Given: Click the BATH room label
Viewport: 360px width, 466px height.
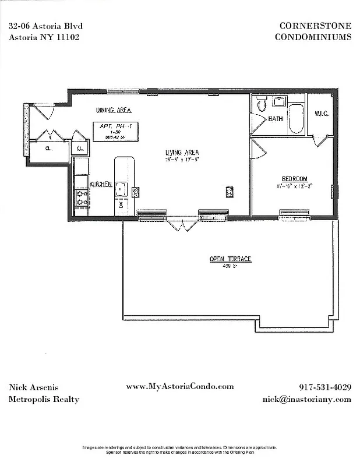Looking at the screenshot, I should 276,119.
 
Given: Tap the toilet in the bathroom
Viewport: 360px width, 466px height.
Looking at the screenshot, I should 262,104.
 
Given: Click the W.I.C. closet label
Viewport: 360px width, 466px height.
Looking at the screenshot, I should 322,114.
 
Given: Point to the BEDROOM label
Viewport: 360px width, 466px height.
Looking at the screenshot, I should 294,179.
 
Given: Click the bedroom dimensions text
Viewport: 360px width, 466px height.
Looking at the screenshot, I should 294,186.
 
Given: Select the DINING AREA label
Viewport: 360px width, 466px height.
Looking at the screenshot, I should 113,110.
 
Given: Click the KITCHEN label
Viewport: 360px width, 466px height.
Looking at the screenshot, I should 100,184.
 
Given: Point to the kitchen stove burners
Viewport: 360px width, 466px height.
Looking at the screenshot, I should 80,197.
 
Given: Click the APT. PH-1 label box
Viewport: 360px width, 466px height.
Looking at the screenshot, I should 116,131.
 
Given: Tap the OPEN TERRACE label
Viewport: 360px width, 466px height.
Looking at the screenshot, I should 231,259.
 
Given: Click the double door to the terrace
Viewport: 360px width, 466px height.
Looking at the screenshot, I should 181,224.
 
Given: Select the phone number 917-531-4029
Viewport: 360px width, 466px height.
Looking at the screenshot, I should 324,387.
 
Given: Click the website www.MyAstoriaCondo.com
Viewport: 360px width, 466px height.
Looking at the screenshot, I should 179,386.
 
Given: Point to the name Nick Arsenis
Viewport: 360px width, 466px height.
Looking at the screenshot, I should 33,387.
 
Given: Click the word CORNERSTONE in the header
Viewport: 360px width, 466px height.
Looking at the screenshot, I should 315,25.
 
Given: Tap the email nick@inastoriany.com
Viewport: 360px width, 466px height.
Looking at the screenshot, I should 306,399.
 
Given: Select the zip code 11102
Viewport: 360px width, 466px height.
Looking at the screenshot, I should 66,36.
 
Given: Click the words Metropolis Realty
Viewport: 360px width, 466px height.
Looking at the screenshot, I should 44,399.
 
